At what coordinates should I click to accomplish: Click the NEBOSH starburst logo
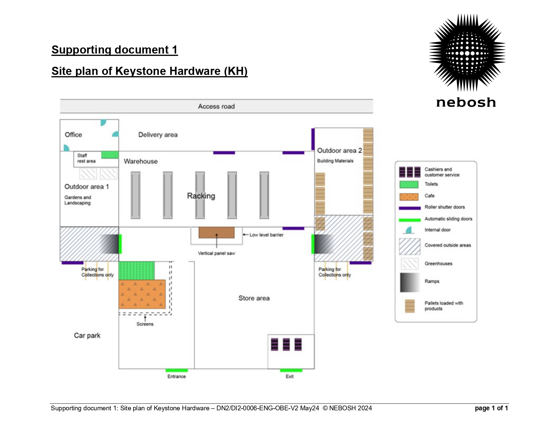(467, 53)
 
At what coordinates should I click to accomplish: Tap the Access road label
(216, 106)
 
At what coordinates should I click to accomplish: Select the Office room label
(73, 135)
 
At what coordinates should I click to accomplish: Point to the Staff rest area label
(86, 158)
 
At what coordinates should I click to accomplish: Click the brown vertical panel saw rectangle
(216, 232)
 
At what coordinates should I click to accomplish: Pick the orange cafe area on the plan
(142, 294)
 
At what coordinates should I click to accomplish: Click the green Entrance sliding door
(177, 370)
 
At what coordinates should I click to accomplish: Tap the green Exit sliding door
(291, 370)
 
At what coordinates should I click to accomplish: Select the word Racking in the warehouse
(201, 196)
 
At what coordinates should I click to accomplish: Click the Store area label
(254, 298)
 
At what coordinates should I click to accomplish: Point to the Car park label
(87, 335)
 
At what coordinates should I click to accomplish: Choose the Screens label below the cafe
(145, 324)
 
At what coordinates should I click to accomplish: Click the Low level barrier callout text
(266, 235)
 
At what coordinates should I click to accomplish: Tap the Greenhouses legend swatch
(410, 264)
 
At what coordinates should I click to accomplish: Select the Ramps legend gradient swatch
(410, 282)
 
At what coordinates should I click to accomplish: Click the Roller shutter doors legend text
(444, 207)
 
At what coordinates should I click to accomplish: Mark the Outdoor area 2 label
(339, 150)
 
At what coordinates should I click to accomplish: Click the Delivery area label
(158, 135)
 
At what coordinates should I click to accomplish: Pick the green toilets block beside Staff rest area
(110, 155)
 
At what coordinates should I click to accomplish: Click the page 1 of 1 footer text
(491, 408)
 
